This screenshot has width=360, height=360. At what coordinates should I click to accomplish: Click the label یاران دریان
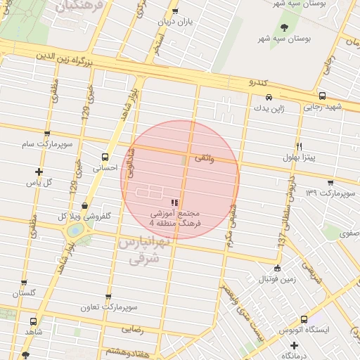pyautogui.click(x=175, y=21)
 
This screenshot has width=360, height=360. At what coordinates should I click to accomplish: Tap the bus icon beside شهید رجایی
pyautogui.click(x=322, y=96)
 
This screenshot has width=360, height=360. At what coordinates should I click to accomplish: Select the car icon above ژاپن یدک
pyautogui.click(x=269, y=98)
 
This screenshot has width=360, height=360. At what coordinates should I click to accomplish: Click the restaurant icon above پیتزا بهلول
pyautogui.click(x=299, y=146)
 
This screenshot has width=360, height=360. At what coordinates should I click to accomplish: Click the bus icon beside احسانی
pyautogui.click(x=105, y=157)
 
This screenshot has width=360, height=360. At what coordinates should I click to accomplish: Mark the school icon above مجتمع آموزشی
pyautogui.click(x=174, y=203)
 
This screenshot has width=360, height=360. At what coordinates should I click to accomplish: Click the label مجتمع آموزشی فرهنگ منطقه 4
pyautogui.click(x=174, y=218)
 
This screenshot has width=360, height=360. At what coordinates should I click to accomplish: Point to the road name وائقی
pyautogui.click(x=203, y=159)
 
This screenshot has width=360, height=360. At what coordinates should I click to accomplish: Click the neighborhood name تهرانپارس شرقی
pyautogui.click(x=144, y=250)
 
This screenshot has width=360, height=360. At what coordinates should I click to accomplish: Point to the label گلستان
pyautogui.click(x=23, y=292)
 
